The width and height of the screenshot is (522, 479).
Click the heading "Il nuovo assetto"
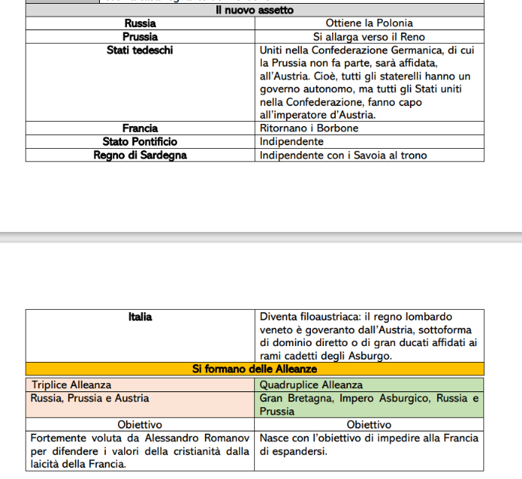tap(254, 11)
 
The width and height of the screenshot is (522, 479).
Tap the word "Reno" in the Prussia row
tap(412, 36)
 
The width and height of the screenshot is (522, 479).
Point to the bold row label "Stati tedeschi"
tap(140, 51)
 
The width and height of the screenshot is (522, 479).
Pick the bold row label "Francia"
tap(140, 128)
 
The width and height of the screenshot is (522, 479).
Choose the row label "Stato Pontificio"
tap(140, 141)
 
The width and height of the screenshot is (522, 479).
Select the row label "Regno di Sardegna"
tap(140, 155)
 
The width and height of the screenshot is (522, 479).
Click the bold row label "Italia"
tap(140, 317)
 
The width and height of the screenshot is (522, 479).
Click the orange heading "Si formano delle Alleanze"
tap(254, 369)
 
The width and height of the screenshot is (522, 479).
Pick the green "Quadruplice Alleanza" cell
tap(311, 385)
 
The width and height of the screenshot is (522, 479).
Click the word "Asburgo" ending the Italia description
tap(372, 356)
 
